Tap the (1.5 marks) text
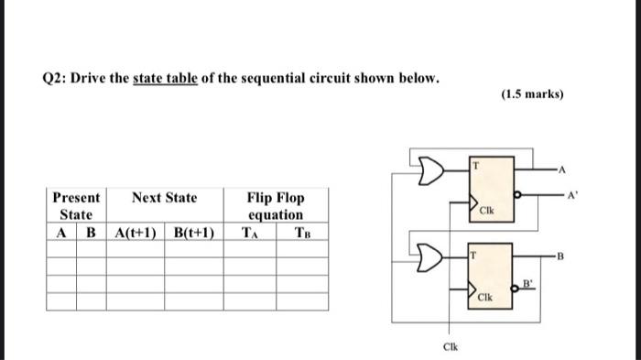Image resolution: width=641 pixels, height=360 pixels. coord(533,94)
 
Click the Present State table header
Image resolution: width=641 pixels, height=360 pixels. coord(76,206)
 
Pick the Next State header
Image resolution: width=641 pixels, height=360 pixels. coord(164,198)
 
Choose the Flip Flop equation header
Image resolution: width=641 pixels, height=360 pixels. coord(276,206)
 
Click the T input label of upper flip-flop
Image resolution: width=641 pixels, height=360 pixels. coord(476,166)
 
